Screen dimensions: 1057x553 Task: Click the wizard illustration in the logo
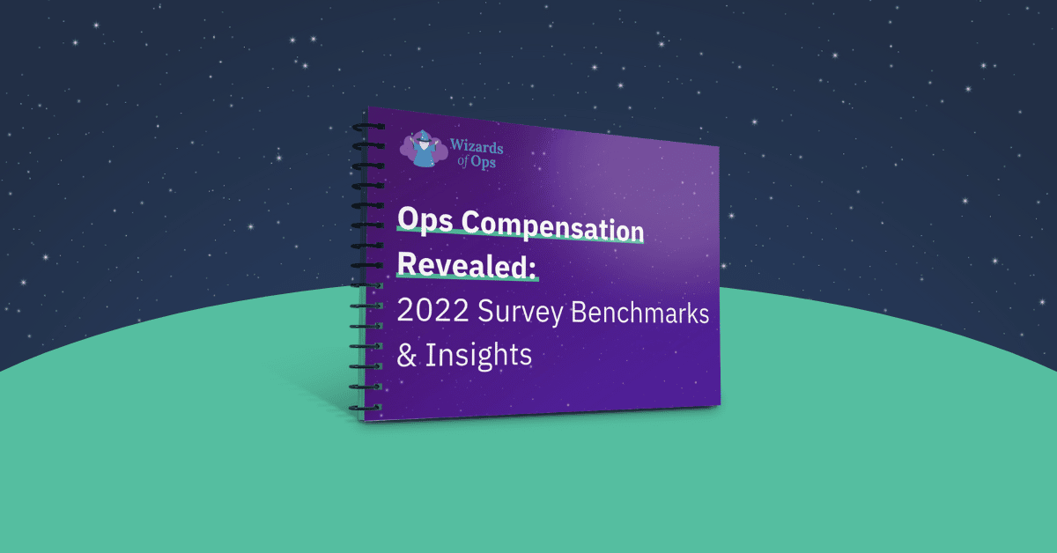(424, 149)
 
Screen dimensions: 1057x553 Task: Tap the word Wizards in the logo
(477, 147)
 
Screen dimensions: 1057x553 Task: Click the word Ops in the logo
(484, 162)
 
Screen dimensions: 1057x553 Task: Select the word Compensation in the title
(552, 226)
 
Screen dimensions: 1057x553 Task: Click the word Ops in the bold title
(425, 220)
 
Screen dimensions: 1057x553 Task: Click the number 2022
(432, 310)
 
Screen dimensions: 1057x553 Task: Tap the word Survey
(520, 313)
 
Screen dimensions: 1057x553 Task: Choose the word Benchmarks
(639, 313)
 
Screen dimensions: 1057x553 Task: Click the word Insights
(478, 355)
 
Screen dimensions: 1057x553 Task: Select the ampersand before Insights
(407, 355)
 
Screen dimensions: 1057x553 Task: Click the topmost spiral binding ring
(368, 127)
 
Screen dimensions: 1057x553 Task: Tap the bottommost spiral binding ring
(366, 407)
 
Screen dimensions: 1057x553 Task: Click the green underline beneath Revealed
(467, 278)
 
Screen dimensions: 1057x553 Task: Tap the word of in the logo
(463, 161)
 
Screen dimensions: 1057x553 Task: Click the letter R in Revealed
(408, 262)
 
